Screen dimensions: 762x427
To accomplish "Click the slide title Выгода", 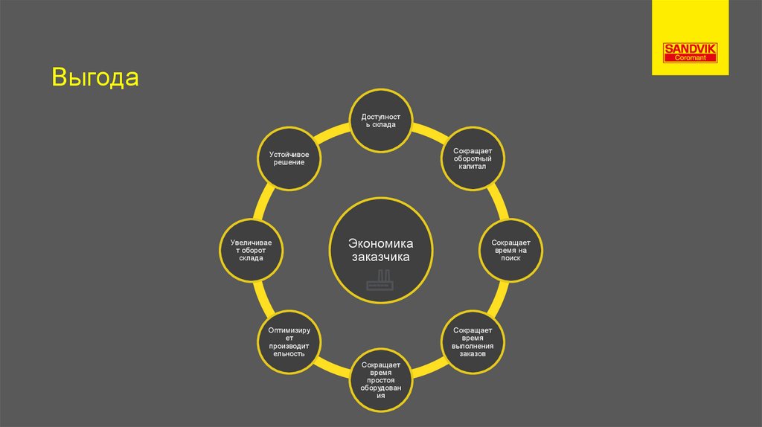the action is point(95,78).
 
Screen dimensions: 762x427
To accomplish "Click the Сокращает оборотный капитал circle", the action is point(472,158).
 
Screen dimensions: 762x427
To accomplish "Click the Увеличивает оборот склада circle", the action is point(251,250).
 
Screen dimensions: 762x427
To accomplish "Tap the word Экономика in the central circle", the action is point(381,244).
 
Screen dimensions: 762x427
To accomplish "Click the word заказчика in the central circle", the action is point(381,257).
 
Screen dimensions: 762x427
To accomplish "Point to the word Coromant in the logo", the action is point(690,57).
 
